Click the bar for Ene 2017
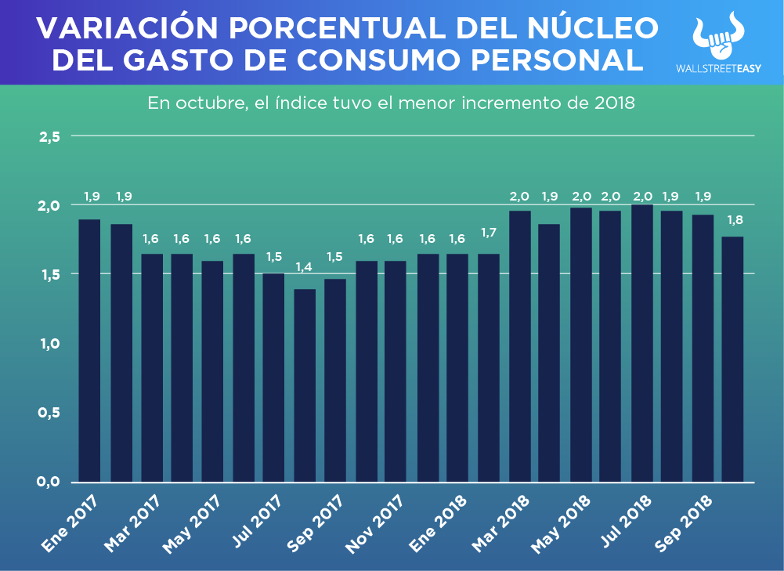pyautogui.click(x=89, y=350)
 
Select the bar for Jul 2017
pyautogui.click(x=273, y=378)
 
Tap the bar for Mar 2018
pyautogui.click(x=520, y=346)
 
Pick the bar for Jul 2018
pyautogui.click(x=642, y=343)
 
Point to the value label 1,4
pyautogui.click(x=304, y=268)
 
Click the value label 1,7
pyautogui.click(x=489, y=233)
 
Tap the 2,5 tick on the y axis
pyautogui.click(x=49, y=136)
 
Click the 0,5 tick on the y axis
pyautogui.click(x=49, y=412)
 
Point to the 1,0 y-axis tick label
pyautogui.click(x=49, y=343)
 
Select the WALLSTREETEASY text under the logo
pyautogui.click(x=718, y=68)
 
